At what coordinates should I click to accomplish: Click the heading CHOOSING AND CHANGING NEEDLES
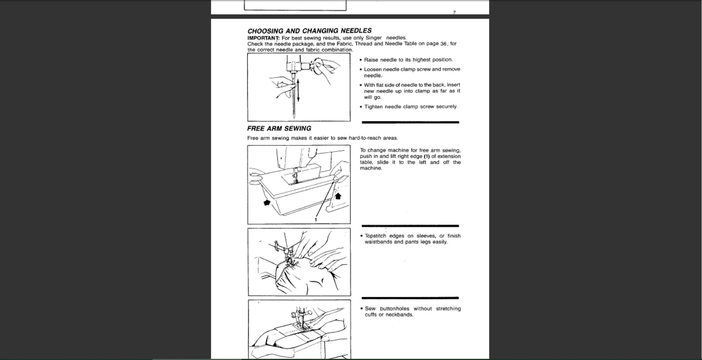click(309, 31)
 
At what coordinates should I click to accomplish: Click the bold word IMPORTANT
click(263, 38)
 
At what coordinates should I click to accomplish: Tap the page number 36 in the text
click(443, 44)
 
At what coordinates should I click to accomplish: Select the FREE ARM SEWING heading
click(279, 128)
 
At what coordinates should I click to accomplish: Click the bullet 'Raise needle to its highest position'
click(408, 60)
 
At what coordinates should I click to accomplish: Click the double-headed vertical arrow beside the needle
click(298, 90)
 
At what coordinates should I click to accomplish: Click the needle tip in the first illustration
click(294, 117)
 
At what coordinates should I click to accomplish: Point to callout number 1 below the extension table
click(316, 220)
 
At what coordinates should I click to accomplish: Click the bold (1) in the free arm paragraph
click(427, 156)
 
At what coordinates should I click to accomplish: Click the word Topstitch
click(376, 236)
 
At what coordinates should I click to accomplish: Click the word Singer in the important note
click(374, 38)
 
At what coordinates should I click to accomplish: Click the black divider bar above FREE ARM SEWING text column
click(410, 122)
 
